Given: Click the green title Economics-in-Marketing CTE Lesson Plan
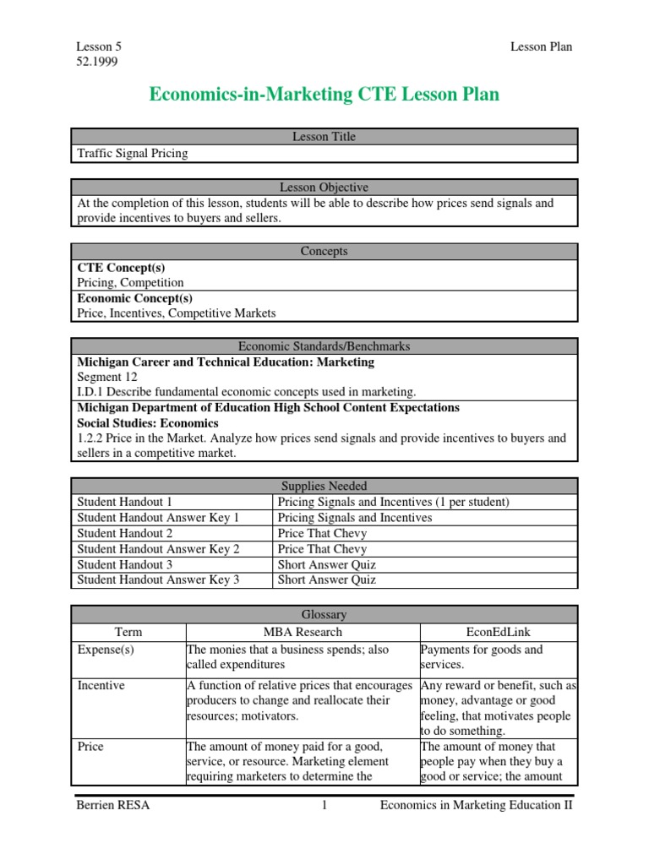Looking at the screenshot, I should point(324,95).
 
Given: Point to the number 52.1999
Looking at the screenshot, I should point(98,63).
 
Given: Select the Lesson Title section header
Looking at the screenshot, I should point(324,137).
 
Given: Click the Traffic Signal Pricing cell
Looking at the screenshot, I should point(133,153).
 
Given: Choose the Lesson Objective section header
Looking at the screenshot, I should point(324,188).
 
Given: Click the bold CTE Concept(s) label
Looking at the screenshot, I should point(121,268).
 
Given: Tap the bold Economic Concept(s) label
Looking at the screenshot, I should point(134,298).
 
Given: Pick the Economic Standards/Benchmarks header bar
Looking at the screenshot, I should point(324,346).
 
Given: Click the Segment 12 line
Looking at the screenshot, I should point(106,377).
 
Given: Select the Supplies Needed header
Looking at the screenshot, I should point(324,487).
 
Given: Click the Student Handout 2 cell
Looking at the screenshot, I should point(124,534).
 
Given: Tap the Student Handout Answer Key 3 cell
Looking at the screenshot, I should point(158,579).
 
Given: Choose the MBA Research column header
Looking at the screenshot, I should point(303,632).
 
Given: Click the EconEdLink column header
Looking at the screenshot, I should point(499,632).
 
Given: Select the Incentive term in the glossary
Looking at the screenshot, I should point(101,686).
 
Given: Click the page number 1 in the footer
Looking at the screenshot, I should point(324,806).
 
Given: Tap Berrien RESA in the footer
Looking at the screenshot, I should point(112,806).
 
